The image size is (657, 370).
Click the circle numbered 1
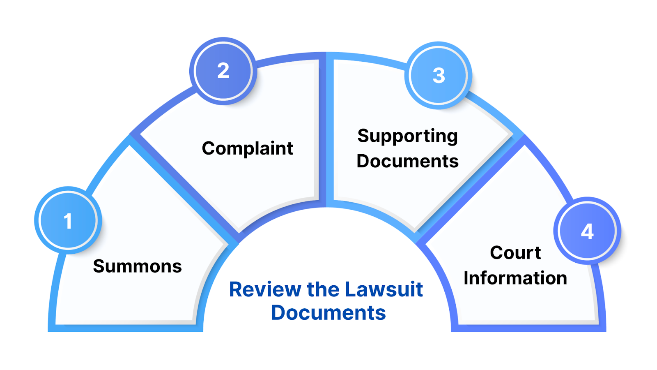tap(68, 220)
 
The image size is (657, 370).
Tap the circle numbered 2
tap(223, 71)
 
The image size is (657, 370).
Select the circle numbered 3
tap(439, 75)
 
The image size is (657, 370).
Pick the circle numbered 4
tap(587, 231)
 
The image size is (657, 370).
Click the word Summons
tap(137, 266)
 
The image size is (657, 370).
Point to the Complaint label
tap(247, 148)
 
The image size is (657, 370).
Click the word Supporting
tap(407, 136)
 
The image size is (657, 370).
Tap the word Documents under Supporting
tap(407, 161)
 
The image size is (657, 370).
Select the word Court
tap(515, 252)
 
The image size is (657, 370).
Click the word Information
tap(515, 278)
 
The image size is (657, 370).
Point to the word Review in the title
tap(265, 289)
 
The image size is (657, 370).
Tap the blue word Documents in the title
tap(328, 313)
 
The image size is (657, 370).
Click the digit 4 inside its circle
tap(587, 231)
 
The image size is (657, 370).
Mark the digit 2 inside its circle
tap(223, 71)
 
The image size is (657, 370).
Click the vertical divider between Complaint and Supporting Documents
tap(326, 132)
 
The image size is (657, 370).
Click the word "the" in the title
tap(323, 289)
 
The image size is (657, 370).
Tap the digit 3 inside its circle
tap(439, 76)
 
